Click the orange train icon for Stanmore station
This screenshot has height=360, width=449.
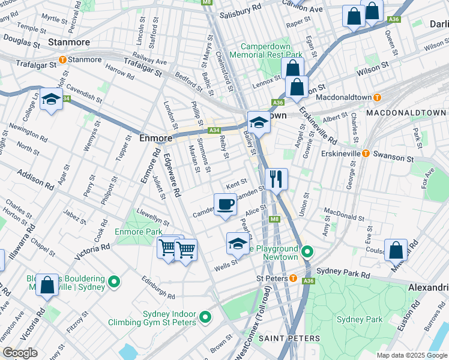pyautogui.click(x=62, y=59)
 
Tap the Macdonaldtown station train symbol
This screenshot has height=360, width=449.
pyautogui.click(x=377, y=97)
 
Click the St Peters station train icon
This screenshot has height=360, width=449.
pyautogui.click(x=293, y=278)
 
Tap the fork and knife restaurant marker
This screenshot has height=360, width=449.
pyautogui.click(x=276, y=179)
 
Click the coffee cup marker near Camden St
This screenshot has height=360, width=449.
pyautogui.click(x=225, y=205)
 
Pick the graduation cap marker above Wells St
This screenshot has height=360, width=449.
pyautogui.click(x=237, y=244)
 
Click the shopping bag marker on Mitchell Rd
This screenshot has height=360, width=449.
pyautogui.click(x=396, y=250)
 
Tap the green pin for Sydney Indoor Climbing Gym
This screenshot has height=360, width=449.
pyautogui.click(x=205, y=316)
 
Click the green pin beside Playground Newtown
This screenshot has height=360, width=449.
pyautogui.click(x=307, y=252)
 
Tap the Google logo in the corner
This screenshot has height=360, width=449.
pyautogui.click(x=20, y=353)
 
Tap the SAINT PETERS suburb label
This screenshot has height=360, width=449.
pyautogui.click(x=289, y=338)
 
